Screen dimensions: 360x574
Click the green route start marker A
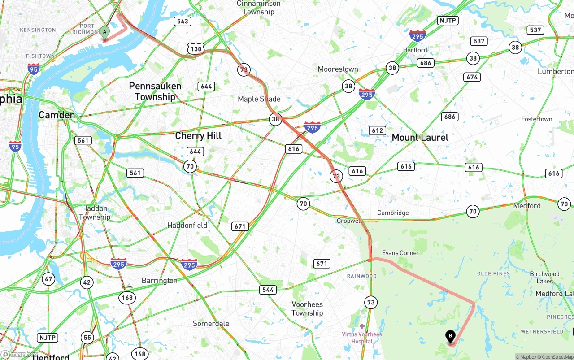point(104,32)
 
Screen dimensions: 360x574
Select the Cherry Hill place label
point(198,135)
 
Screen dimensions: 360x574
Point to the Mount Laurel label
point(420,137)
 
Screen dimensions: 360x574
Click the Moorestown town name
point(338,69)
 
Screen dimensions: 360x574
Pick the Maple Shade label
point(259,99)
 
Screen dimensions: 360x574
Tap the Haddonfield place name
point(187,225)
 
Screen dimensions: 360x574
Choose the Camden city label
point(57,115)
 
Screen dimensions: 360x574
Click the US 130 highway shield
point(196,49)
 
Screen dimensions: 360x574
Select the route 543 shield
point(183,21)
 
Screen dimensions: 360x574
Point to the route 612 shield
point(377,130)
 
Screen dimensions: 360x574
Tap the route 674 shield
point(472,77)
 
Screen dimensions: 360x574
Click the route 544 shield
point(268,290)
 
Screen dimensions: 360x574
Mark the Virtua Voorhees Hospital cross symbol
point(362,326)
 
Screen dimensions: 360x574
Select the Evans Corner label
point(400,253)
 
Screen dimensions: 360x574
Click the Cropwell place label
point(349,221)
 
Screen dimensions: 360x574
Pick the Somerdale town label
point(211,323)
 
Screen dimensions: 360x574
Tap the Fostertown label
point(536,119)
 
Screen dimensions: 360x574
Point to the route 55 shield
point(87,338)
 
